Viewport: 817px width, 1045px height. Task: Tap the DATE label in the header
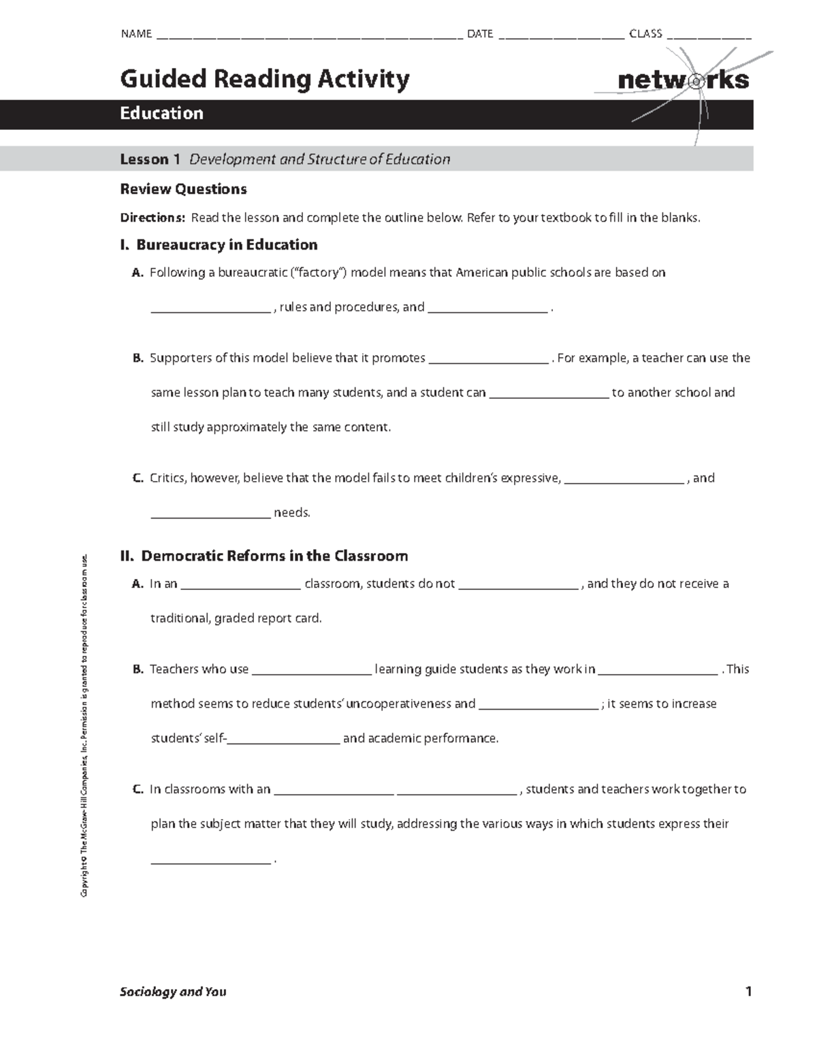coord(480,33)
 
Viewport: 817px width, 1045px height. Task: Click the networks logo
coord(683,80)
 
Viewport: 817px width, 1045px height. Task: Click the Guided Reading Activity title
coord(265,79)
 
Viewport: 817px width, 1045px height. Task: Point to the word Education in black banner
coord(161,114)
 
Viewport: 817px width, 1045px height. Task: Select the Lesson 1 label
coord(150,159)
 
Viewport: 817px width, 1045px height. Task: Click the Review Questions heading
coord(183,189)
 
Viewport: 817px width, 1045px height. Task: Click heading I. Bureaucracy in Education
coord(219,245)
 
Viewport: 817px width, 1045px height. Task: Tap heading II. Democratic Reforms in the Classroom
coord(263,557)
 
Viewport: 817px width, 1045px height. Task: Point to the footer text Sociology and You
coord(173,992)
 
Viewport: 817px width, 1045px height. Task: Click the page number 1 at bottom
coord(748,992)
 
